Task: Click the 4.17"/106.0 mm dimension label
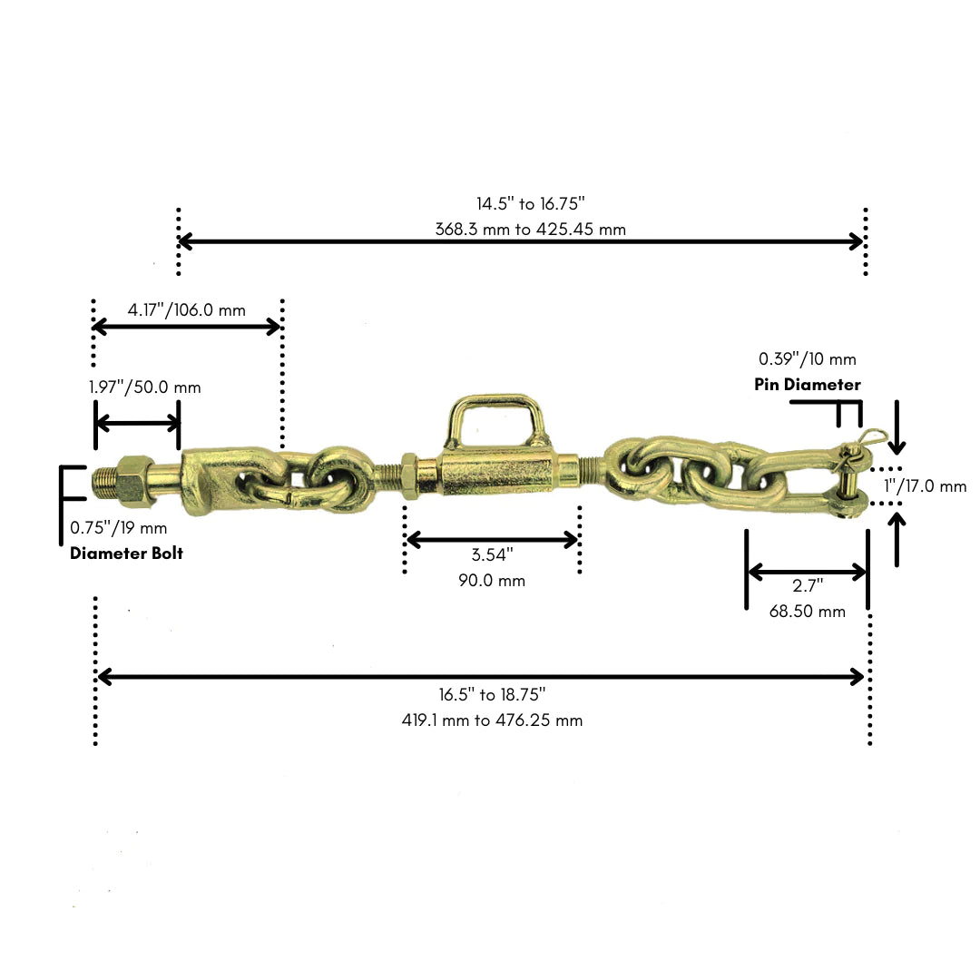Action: coord(186,310)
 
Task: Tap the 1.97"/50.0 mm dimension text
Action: coord(145,387)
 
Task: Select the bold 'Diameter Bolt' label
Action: coord(126,554)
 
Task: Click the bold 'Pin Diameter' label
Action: coord(808,385)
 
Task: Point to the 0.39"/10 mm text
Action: coord(808,358)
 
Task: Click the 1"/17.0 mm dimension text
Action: coord(925,485)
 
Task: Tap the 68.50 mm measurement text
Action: coord(808,612)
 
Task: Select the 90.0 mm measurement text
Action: coord(492,581)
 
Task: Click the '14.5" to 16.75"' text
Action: coord(531,204)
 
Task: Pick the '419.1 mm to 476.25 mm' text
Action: coord(492,720)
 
